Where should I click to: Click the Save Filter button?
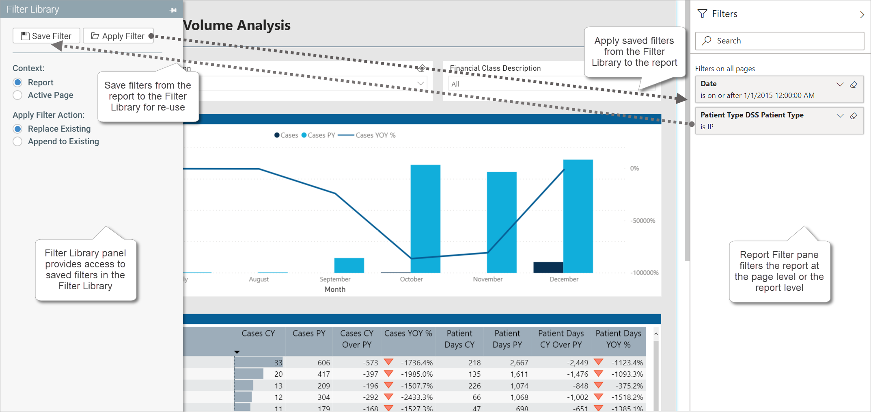[46, 36]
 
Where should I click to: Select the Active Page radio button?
[17, 95]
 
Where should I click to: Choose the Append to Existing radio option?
[17, 141]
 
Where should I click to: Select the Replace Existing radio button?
[17, 129]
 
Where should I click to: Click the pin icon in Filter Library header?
[173, 10]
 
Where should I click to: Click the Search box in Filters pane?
[779, 41]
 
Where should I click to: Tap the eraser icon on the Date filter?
[854, 85]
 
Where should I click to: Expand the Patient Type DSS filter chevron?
[840, 116]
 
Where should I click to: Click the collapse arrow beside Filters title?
[862, 14]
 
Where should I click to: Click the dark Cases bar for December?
[548, 267]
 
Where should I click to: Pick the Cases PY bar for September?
[349, 265]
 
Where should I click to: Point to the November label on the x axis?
[487, 279]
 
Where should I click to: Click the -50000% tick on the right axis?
[642, 221]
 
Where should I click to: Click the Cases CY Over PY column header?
[356, 339]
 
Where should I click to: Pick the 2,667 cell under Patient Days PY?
[519, 362]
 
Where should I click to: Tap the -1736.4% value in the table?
[417, 362]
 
